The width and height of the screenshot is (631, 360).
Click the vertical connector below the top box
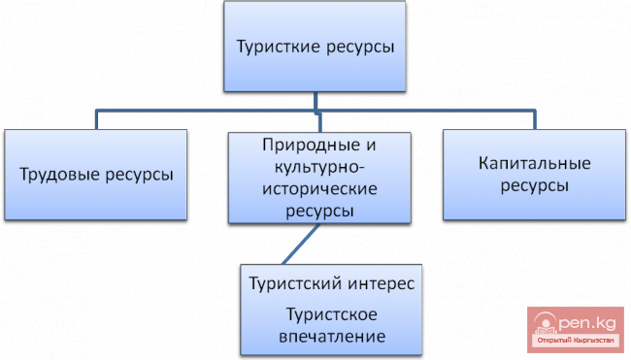[315, 101]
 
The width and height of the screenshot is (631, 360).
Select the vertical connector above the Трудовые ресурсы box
[95, 120]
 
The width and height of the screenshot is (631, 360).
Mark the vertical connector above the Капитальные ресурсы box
[534, 120]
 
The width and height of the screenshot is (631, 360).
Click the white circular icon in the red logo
[543, 324]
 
